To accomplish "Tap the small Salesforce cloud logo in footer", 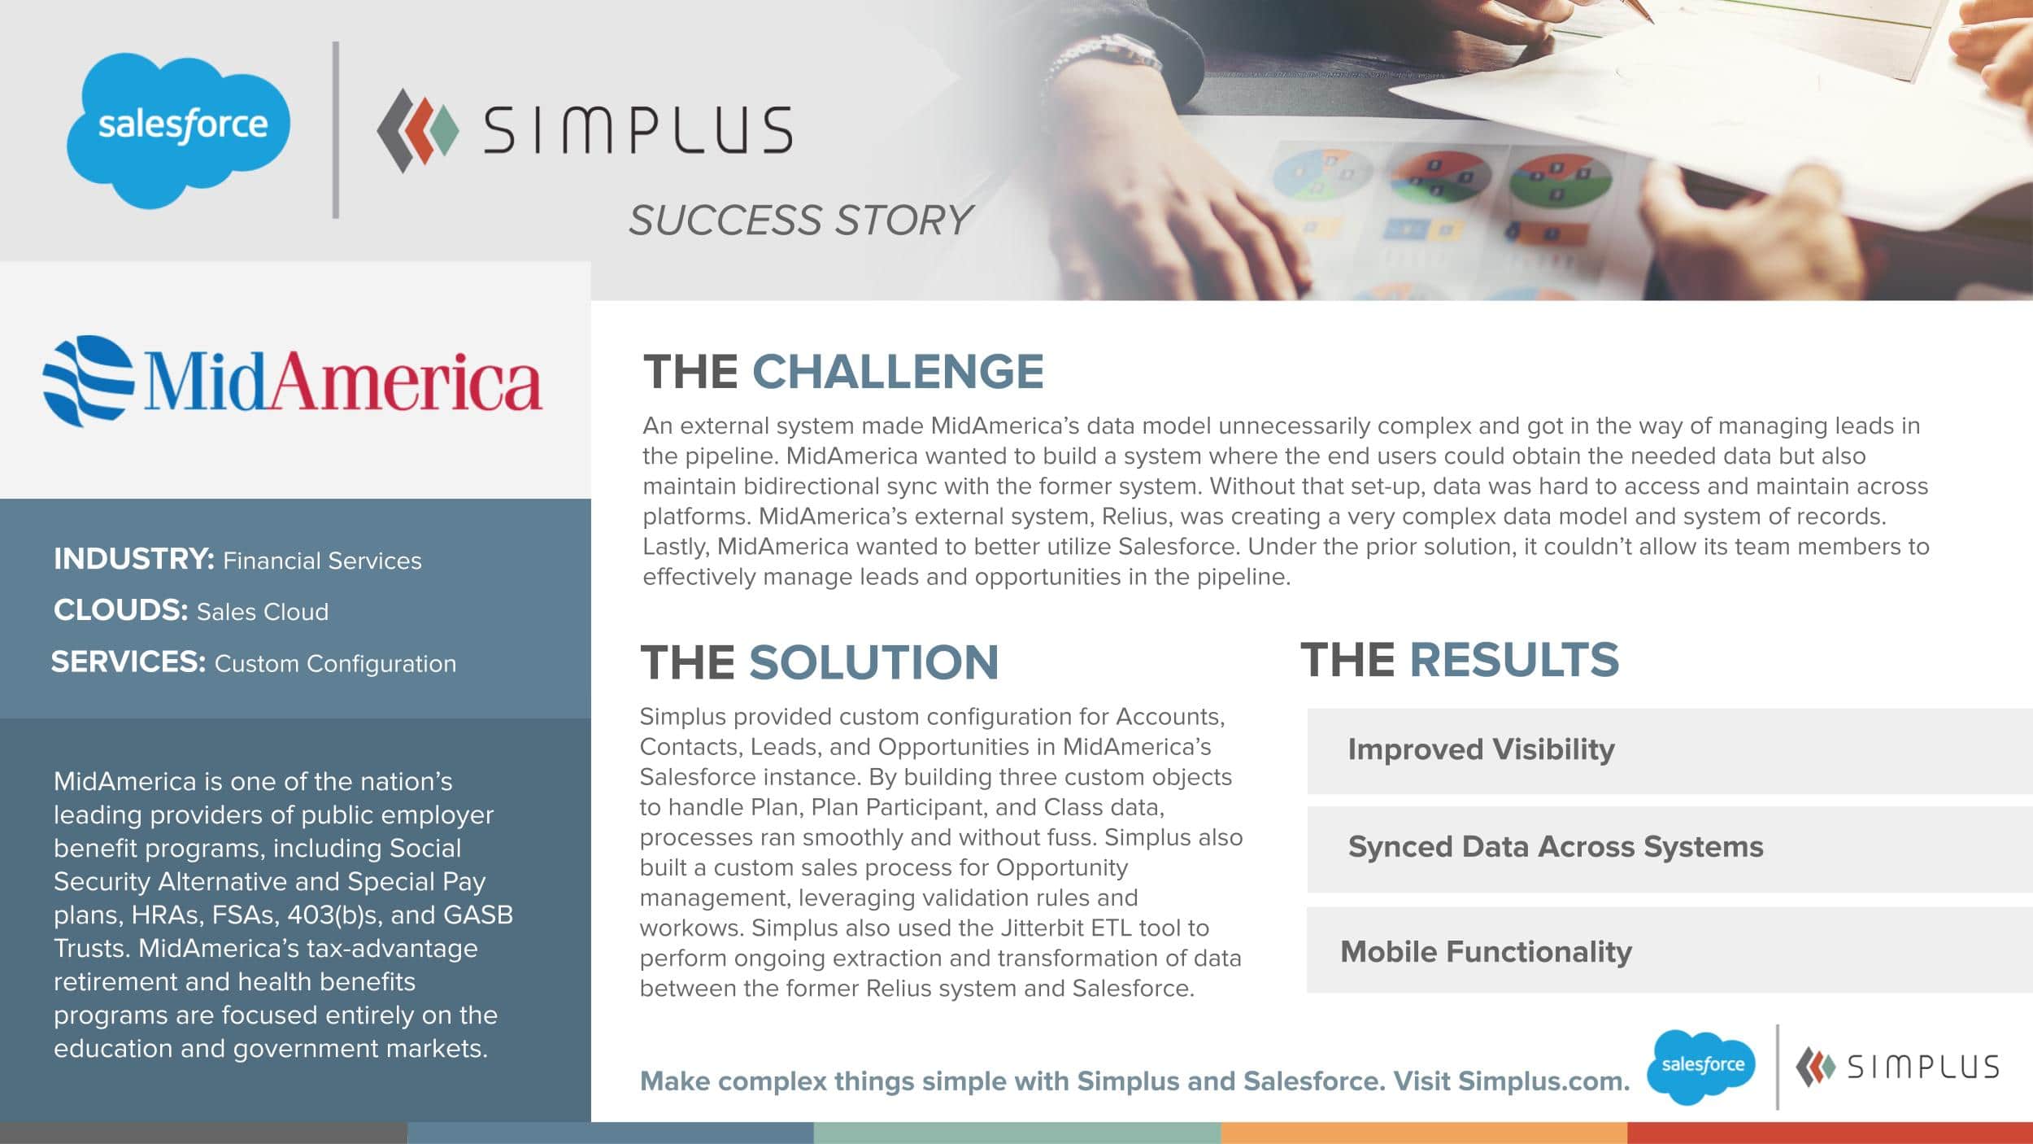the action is point(1701,1067).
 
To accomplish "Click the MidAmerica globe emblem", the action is point(88,381).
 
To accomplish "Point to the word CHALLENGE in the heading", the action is point(898,372).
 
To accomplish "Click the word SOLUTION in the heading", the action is point(873,662).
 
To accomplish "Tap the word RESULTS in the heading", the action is point(1514,659).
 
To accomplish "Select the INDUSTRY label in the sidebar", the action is point(134,559).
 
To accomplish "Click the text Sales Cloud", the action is point(263,612).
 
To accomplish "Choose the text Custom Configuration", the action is point(335,664).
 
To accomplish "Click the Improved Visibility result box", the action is point(1669,751).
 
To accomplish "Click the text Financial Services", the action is point(322,561).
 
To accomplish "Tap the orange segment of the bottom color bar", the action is point(1424,1133).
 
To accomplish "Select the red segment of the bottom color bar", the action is point(1830,1133).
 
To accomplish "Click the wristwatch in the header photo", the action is point(1102,61).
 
